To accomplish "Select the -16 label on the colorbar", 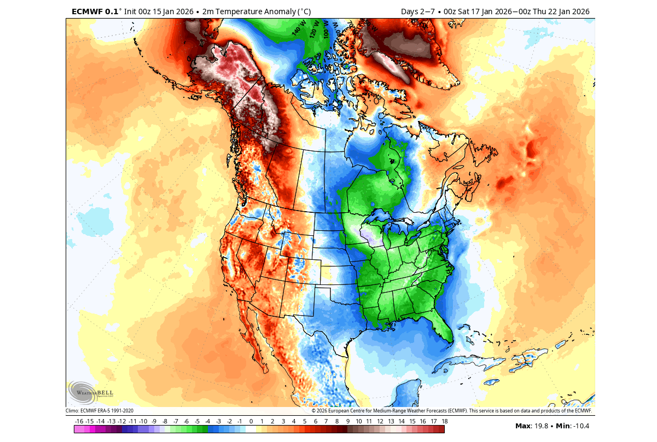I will pyautogui.click(x=79, y=421).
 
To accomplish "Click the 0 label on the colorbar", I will pyautogui.click(x=251, y=421).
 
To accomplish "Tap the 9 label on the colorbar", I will pyautogui.click(x=347, y=421).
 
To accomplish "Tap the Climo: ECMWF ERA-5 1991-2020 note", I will pyautogui.click(x=100, y=410).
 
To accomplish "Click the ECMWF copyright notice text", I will pyautogui.click(x=452, y=410).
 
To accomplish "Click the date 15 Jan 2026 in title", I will pyautogui.click(x=168, y=11).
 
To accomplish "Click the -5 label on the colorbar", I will pyautogui.click(x=197, y=421).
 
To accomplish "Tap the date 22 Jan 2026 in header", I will pyautogui.click(x=569, y=11).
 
